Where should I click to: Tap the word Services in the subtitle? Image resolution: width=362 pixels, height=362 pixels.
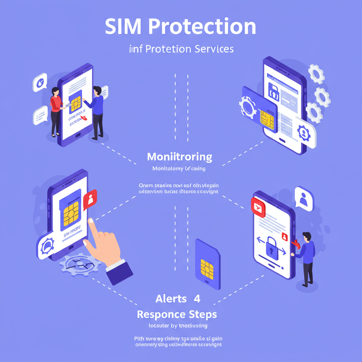pyautogui.click(x=214, y=48)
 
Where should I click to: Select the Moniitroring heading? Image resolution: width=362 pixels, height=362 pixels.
pyautogui.click(x=180, y=157)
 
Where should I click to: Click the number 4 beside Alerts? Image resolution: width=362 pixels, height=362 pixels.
pyautogui.click(x=197, y=299)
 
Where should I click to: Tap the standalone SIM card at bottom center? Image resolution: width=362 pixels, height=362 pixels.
pyautogui.click(x=208, y=264)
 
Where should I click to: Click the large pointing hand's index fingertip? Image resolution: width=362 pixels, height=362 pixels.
pyautogui.click(x=91, y=221)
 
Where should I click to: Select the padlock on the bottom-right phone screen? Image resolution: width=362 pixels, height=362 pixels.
pyautogui.click(x=271, y=246)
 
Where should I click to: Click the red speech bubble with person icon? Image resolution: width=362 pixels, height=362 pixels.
pyautogui.click(x=90, y=200)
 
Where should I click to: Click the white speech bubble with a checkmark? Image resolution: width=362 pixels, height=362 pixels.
pyautogui.click(x=40, y=82)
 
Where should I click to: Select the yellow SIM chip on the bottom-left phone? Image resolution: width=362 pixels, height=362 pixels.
pyautogui.click(x=71, y=214)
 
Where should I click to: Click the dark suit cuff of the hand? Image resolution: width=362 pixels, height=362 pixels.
pyautogui.click(x=119, y=271)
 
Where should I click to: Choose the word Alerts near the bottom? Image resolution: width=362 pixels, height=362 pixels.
pyautogui.click(x=171, y=299)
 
